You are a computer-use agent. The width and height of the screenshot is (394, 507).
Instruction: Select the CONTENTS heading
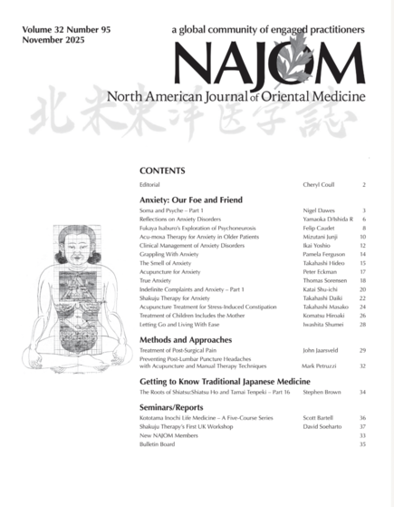tap(163, 171)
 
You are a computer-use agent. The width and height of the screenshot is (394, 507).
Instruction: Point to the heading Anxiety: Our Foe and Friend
tap(192, 199)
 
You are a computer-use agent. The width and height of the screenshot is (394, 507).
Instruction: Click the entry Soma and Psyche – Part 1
tap(171, 210)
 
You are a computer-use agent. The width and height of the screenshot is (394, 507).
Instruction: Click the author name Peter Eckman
tap(320, 271)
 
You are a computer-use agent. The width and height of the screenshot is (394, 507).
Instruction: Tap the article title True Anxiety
tap(156, 281)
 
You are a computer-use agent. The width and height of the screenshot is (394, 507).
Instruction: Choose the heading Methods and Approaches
tap(187, 340)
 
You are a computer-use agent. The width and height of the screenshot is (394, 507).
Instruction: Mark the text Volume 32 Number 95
tap(53, 30)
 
